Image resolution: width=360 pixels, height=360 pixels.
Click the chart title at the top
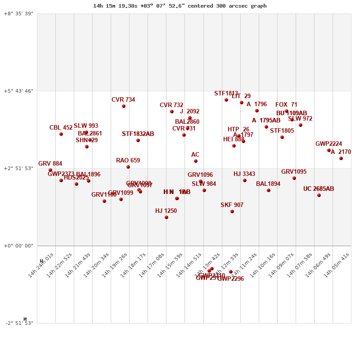(x=180, y=6)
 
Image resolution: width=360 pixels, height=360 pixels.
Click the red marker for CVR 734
(x=124, y=106)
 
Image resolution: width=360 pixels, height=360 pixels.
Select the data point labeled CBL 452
(x=61, y=134)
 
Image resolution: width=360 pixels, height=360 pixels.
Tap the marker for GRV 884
(x=50, y=170)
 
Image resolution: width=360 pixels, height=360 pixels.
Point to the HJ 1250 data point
(x=166, y=217)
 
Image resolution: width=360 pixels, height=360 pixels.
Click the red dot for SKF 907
(x=232, y=211)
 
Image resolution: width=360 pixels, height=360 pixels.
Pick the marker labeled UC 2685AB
(x=319, y=195)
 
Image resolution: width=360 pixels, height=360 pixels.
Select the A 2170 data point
(x=341, y=158)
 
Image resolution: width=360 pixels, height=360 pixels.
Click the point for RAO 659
(x=128, y=167)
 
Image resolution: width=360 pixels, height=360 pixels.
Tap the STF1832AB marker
(x=138, y=140)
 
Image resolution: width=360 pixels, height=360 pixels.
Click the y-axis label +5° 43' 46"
(x=18, y=91)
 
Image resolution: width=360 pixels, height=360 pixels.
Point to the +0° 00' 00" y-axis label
(x=18, y=246)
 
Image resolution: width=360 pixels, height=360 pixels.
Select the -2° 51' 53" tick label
(x=18, y=323)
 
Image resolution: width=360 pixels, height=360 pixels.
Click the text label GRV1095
(x=294, y=172)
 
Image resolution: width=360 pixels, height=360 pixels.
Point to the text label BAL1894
(x=268, y=184)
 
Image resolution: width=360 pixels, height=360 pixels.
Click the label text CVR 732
(x=171, y=105)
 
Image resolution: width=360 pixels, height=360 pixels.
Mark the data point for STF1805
(x=282, y=137)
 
